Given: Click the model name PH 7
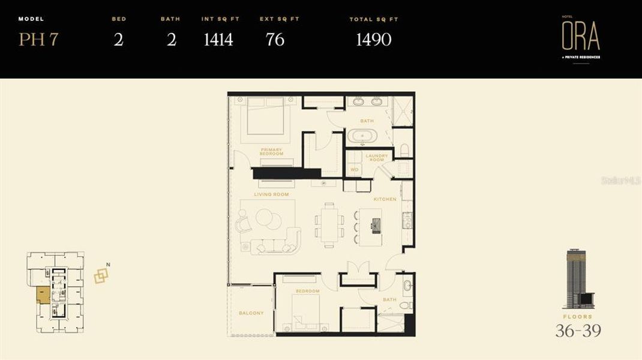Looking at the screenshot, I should pyautogui.click(x=38, y=40).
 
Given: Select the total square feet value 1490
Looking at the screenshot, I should pyautogui.click(x=373, y=40).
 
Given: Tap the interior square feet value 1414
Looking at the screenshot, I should pyautogui.click(x=218, y=40).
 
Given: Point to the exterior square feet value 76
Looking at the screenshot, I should pyautogui.click(x=275, y=40).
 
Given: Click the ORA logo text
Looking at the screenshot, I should pyautogui.click(x=580, y=37).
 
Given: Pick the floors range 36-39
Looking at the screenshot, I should pyautogui.click(x=578, y=331).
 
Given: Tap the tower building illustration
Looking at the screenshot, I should pyautogui.click(x=577, y=279).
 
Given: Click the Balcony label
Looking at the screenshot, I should pyautogui.click(x=251, y=313).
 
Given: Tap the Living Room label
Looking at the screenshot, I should pyautogui.click(x=271, y=194).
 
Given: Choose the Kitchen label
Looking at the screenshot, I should pyautogui.click(x=385, y=199).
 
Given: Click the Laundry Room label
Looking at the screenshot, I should pyautogui.click(x=377, y=158).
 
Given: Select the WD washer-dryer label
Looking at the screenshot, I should pyautogui.click(x=354, y=170).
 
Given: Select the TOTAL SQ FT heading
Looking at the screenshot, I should pyautogui.click(x=374, y=20).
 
